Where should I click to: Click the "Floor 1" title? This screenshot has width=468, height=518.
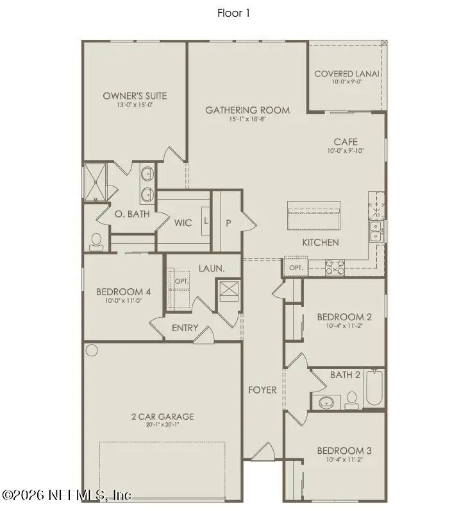(x=234, y=13)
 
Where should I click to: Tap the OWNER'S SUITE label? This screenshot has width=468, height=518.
(x=135, y=96)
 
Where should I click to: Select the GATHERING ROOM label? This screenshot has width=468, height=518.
(x=247, y=110)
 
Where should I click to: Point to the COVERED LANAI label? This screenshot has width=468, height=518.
(x=347, y=74)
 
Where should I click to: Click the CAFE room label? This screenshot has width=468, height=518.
(x=346, y=142)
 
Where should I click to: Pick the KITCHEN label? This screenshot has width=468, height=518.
(x=321, y=243)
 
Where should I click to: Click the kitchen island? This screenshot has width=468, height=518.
(x=313, y=214)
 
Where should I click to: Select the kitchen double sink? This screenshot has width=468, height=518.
(x=376, y=232)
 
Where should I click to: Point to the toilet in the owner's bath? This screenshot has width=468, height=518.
(x=97, y=240)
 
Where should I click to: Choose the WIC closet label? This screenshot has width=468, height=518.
(x=183, y=223)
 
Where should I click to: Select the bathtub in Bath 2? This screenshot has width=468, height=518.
(x=374, y=389)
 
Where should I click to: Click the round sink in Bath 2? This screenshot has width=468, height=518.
(x=326, y=403)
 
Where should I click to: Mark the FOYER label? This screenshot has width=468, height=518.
(x=263, y=390)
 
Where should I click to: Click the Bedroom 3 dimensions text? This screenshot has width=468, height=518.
(x=344, y=460)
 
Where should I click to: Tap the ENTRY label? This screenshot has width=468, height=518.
(x=185, y=328)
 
